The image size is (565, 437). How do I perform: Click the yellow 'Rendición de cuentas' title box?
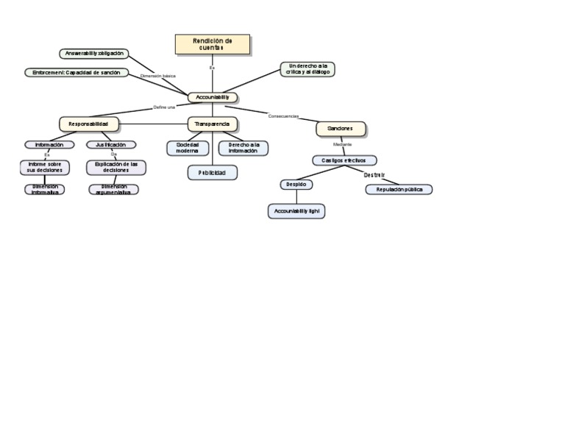[213, 44]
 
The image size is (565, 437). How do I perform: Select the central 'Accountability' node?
[213, 97]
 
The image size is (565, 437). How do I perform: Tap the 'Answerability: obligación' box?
[94, 54]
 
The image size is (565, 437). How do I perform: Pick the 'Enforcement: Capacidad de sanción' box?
[77, 73]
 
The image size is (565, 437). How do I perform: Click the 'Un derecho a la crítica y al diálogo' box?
[308, 69]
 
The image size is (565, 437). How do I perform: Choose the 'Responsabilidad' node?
[88, 124]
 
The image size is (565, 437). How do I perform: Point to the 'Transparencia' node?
[213, 124]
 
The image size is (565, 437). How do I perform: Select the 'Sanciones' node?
[341, 129]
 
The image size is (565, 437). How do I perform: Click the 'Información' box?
[49, 145]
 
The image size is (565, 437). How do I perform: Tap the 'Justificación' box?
[110, 145]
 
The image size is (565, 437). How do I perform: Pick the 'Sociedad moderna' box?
[188, 148]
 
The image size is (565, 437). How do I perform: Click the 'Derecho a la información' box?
[244, 148]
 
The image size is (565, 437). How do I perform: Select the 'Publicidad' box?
[213, 173]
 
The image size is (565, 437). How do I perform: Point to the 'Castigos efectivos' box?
[344, 160]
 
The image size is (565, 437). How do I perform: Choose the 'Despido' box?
[296, 185]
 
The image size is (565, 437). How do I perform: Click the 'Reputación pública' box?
[399, 189]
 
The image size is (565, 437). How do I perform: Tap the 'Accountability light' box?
[296, 211]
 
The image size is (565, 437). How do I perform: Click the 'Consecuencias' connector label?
[283, 116]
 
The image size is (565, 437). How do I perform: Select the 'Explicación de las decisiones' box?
[116, 167]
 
